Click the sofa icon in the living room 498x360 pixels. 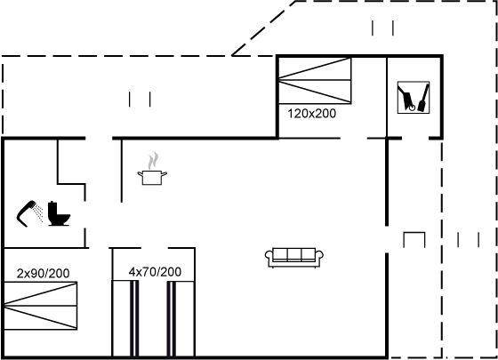point(294,258)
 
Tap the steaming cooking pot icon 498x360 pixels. point(152,169)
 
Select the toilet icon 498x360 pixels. point(59,213)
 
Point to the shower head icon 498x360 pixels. point(26,213)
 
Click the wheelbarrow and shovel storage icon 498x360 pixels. point(414,97)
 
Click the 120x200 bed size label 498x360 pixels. point(311,114)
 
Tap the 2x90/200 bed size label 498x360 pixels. point(43,274)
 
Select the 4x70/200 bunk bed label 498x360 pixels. point(155,272)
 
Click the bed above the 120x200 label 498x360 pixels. point(315,80)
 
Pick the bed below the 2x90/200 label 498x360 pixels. point(40,306)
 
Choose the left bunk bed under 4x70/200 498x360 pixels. point(125,318)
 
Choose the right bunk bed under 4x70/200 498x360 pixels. point(181,318)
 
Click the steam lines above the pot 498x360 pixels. point(153,160)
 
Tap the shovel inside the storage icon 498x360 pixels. point(423,98)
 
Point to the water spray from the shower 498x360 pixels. point(39,212)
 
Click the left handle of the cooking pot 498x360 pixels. point(140,173)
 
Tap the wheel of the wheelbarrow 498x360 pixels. point(412,108)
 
